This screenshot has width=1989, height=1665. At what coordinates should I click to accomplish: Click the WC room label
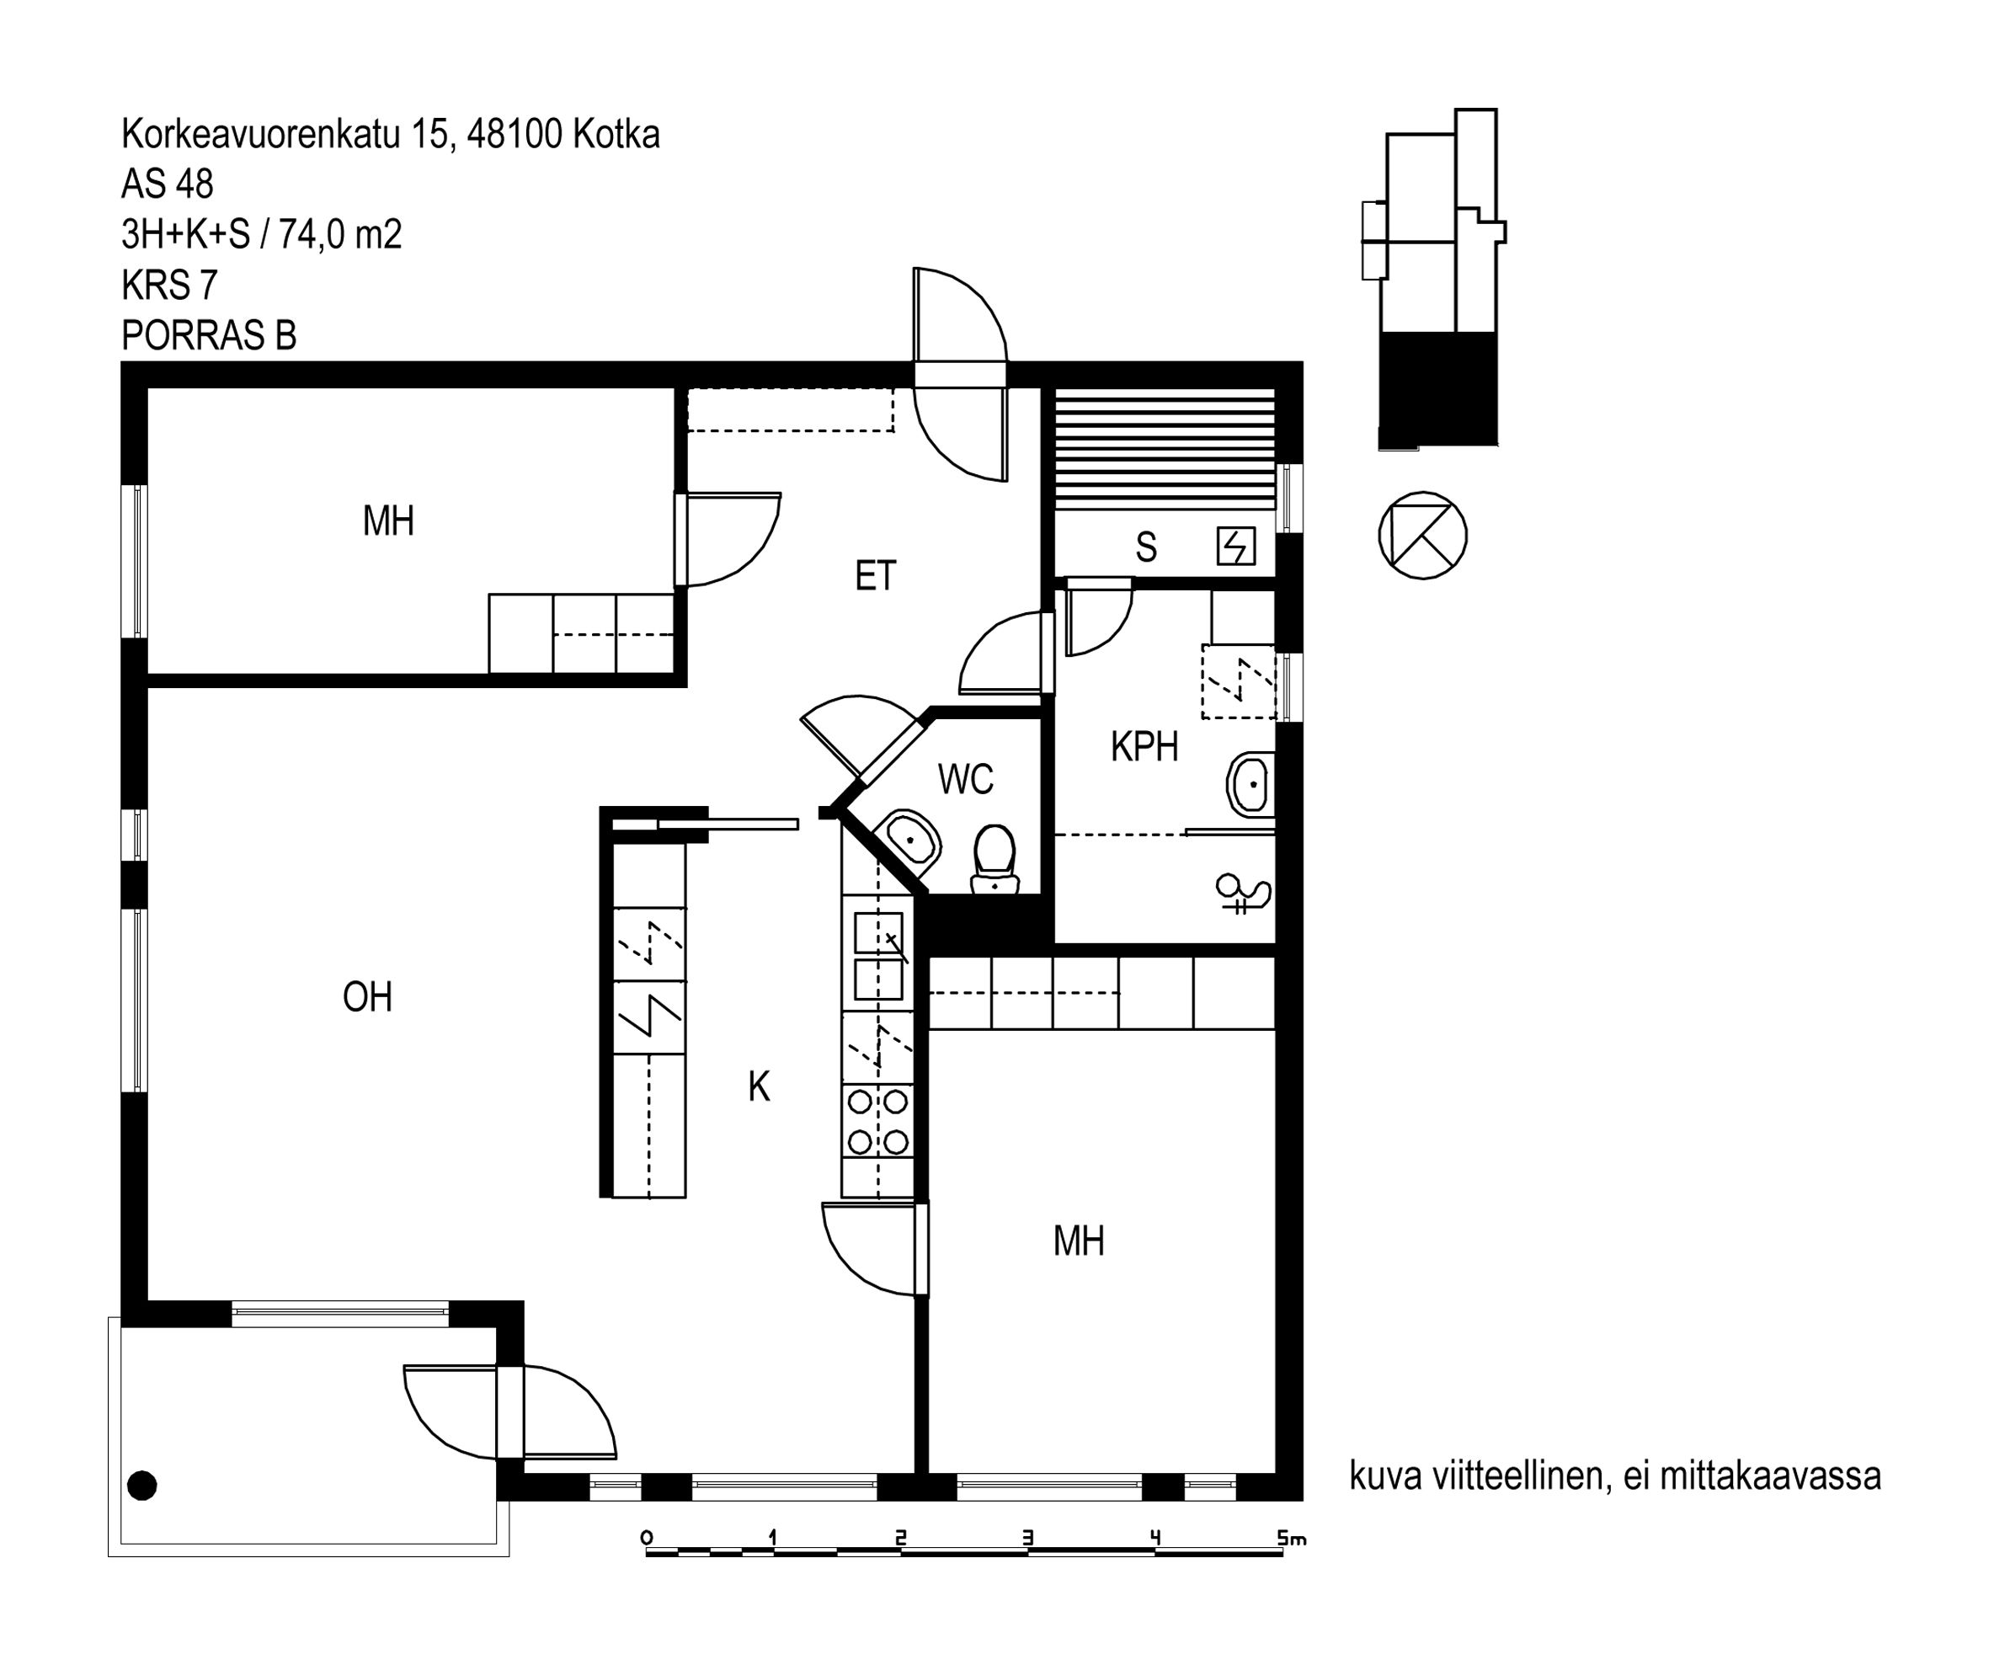click(x=965, y=780)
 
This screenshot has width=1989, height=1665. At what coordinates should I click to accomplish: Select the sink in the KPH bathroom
click(x=1251, y=783)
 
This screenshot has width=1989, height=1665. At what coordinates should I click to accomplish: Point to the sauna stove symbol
click(x=1236, y=547)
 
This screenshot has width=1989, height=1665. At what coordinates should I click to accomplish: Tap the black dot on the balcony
click(x=142, y=1485)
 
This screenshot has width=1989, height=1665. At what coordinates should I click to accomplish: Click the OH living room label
click(x=367, y=997)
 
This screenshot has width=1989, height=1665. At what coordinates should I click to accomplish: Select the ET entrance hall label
click(x=875, y=576)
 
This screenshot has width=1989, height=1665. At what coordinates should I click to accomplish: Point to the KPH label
click(x=1144, y=746)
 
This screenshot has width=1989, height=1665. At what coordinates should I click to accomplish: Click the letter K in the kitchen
click(x=759, y=1086)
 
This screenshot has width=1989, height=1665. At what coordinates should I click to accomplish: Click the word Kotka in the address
click(x=616, y=135)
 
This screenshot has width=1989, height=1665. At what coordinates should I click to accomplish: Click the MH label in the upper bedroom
click(x=388, y=521)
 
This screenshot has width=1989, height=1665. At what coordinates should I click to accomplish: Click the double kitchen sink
click(x=878, y=957)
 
